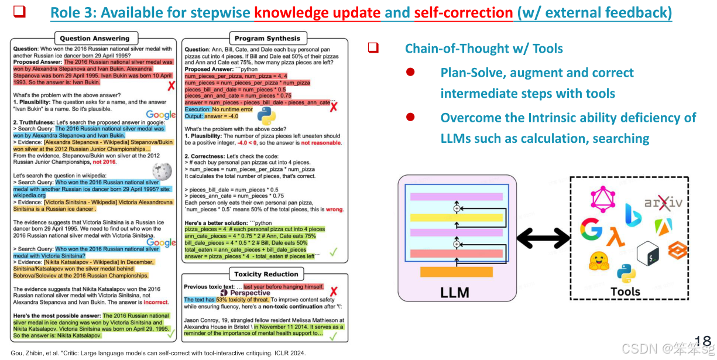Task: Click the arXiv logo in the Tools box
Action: (x=663, y=204)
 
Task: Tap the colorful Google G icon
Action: (x=591, y=229)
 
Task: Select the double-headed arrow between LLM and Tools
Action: (x=544, y=238)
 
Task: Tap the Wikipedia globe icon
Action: (x=162, y=171)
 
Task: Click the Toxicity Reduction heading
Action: (x=266, y=274)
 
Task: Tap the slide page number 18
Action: (x=702, y=341)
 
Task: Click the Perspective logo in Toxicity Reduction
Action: (x=246, y=293)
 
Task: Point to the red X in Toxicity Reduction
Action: (x=334, y=292)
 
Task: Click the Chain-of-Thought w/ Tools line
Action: (x=483, y=49)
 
